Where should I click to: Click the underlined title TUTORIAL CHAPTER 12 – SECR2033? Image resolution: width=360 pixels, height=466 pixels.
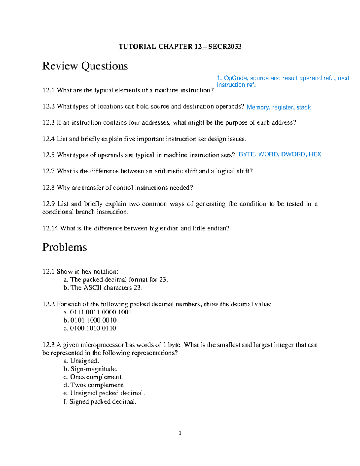click(180, 47)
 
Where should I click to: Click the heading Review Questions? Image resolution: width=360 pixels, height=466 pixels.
click(85, 66)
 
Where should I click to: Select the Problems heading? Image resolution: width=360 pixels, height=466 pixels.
click(64, 247)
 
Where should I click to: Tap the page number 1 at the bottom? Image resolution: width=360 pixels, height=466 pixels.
click(180, 433)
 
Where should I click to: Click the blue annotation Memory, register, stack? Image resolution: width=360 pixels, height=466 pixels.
click(278, 107)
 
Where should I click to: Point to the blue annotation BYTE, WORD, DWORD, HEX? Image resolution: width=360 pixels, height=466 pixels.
click(280, 154)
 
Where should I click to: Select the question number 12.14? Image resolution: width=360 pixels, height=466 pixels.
click(50, 228)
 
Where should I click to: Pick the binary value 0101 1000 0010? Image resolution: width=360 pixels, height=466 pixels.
click(93, 320)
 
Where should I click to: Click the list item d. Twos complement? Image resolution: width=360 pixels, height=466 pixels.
click(94, 385)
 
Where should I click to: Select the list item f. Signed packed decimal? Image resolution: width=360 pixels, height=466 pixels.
click(100, 401)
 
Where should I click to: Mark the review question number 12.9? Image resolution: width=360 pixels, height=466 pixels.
click(49, 204)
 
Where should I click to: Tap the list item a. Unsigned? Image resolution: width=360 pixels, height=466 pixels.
click(81, 361)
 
